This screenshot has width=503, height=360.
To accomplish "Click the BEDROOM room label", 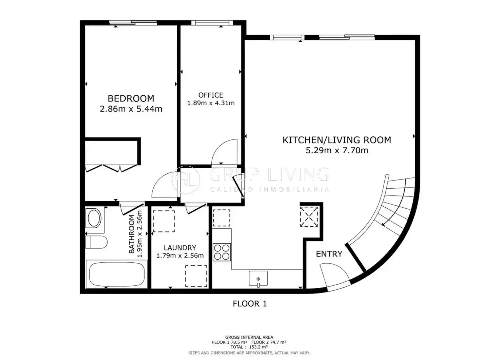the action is click(131, 98).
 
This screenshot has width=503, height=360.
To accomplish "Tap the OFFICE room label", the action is click(211, 95).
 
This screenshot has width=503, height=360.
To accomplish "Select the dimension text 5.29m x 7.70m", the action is click(337, 150).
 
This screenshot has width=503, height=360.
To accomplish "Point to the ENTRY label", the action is click(329, 254).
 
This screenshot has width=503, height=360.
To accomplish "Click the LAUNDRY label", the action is click(180, 248).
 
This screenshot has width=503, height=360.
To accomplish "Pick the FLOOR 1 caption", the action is click(250, 304).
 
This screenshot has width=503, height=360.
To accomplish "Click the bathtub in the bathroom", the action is click(117, 274).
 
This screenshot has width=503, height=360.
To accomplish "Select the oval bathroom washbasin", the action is click(94, 218).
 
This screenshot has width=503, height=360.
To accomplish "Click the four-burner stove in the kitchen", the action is click(222, 252).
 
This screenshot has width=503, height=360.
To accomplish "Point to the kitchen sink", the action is click(258, 278).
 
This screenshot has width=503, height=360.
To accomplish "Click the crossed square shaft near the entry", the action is click(309, 217).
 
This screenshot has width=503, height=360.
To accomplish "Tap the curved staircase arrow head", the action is click(383, 224).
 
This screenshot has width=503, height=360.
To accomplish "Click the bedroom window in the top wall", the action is click(133, 23).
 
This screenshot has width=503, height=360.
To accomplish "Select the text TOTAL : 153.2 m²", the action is click(249, 347).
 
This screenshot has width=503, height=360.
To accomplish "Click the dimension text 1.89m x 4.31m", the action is click(211, 103).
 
